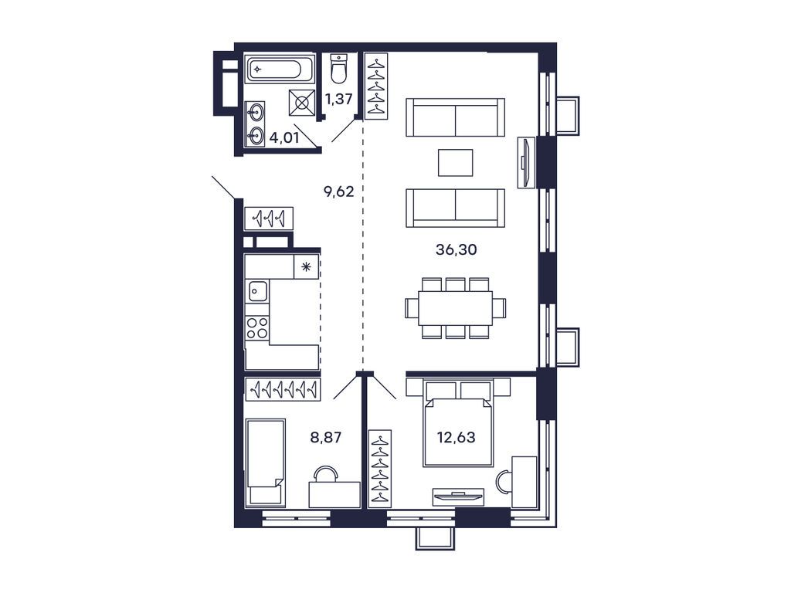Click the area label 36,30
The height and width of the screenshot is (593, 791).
point(454,249)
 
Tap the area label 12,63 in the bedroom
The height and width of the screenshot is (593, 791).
point(454,437)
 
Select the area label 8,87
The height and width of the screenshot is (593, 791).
point(326,437)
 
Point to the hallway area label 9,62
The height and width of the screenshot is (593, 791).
point(338,191)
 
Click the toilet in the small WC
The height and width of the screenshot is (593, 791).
point(338,69)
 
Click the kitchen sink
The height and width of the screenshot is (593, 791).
point(258,291)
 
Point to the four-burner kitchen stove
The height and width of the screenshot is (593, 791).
point(258,328)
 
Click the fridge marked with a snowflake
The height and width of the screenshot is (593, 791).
point(307,267)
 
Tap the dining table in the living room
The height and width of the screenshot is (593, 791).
point(455,308)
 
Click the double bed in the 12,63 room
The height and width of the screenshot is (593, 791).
point(458,427)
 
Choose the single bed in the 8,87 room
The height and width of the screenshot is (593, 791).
point(265,462)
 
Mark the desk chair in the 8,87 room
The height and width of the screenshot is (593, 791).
point(327,473)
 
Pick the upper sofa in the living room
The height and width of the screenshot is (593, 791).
point(455,117)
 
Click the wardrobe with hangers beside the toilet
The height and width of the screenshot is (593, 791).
point(376,85)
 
